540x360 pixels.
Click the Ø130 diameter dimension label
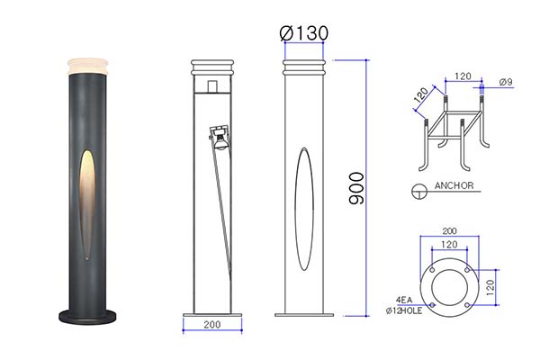[304, 33]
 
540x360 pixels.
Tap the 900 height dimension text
[356, 188]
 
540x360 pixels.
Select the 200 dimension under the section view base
[212, 325]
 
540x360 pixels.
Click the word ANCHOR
[454, 185]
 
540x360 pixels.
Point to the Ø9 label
[506, 82]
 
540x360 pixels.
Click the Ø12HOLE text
[404, 310]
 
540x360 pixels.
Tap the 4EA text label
[404, 300]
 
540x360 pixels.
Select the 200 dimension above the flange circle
[449, 230]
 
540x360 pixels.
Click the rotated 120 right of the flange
[490, 287]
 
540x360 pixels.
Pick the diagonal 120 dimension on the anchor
[421, 94]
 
